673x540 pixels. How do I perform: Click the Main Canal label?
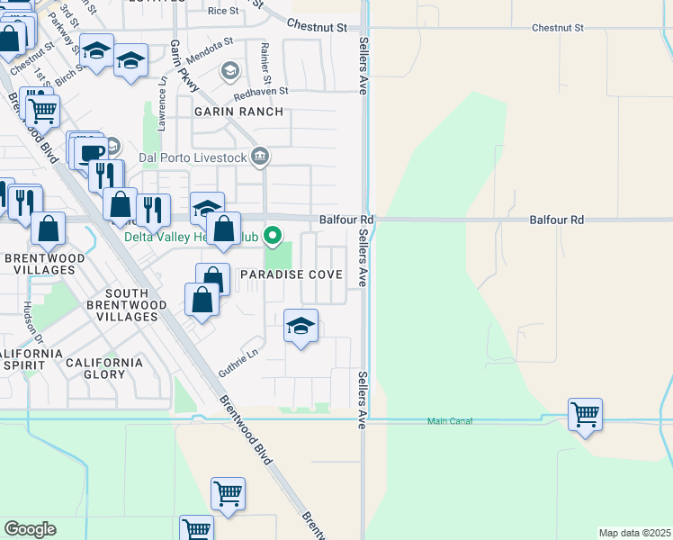click(449, 421)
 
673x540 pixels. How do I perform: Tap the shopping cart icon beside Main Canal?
click(586, 415)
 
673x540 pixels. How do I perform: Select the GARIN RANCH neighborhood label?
click(238, 112)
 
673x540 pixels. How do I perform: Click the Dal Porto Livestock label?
click(193, 157)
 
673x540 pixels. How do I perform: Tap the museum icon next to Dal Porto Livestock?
click(260, 157)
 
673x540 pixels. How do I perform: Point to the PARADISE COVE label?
click(292, 274)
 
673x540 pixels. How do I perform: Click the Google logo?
click(30, 529)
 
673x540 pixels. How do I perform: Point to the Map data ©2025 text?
click(635, 533)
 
